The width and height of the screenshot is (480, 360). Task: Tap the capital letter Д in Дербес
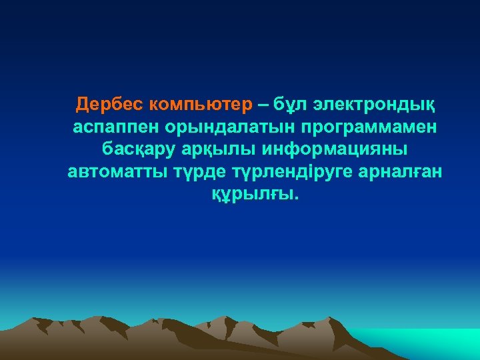click(x=82, y=105)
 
